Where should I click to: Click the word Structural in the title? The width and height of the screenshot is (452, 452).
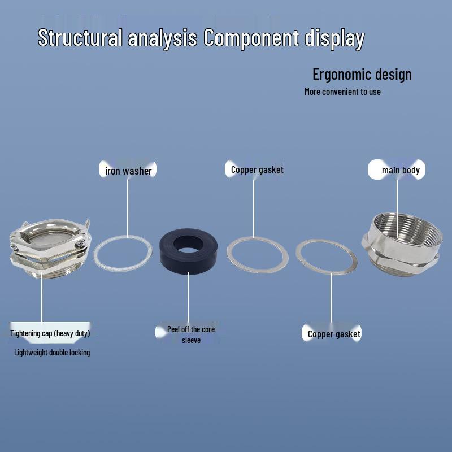coord(80,37)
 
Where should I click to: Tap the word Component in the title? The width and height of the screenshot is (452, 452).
coord(251,38)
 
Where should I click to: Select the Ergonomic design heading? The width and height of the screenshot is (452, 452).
coord(362,75)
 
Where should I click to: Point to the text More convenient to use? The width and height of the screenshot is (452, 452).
coord(342,92)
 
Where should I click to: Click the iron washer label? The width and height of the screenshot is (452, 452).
coord(128,171)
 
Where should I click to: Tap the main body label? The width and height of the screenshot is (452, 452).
coord(401,170)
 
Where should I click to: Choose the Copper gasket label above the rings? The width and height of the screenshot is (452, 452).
coord(257,170)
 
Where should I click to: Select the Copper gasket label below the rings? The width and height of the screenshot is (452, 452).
coord(334,334)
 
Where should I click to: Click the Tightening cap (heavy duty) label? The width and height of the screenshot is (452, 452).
coord(50,333)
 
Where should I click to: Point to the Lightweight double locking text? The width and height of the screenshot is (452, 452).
coord(52,352)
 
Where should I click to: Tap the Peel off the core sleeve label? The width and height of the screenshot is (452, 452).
coord(191,334)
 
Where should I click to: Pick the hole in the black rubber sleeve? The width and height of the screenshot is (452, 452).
coord(188,244)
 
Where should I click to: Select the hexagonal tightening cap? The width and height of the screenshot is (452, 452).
coord(50,249)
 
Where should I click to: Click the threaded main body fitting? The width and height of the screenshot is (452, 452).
coord(402,245)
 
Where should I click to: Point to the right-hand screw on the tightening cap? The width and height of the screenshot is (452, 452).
coord(80,245)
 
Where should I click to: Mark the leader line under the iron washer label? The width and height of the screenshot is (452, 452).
coord(128,207)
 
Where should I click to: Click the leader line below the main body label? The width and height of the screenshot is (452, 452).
coord(397,208)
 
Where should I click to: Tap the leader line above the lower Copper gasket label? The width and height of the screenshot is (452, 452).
coord(331,298)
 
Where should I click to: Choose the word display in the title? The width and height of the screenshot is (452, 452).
coord(334,38)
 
